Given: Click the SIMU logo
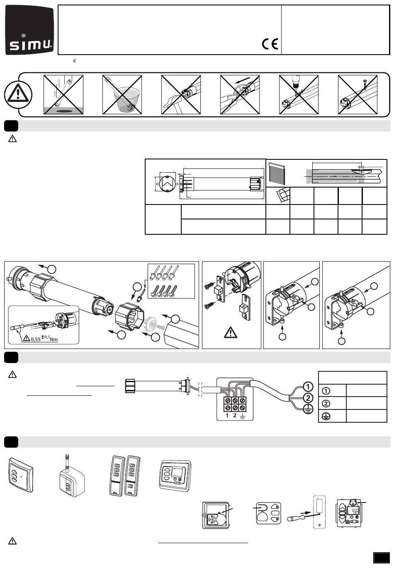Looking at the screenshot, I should click(x=30, y=31).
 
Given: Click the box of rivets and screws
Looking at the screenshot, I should click(x=171, y=280).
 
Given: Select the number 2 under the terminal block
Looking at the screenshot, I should click(x=235, y=415).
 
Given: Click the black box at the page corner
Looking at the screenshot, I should click(x=381, y=557).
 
